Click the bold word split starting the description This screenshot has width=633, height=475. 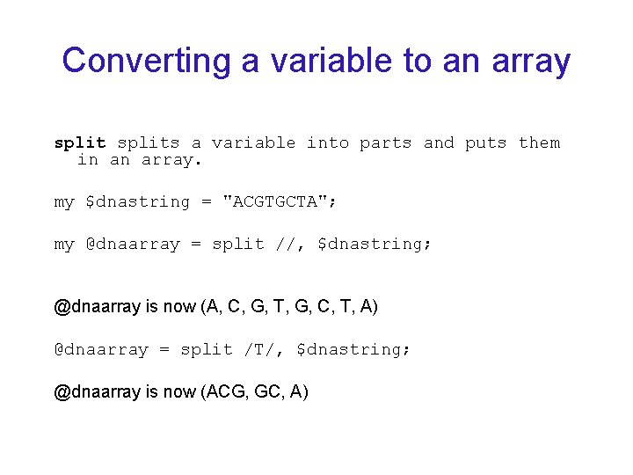tap(80, 142)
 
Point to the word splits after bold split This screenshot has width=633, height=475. tap(149, 142)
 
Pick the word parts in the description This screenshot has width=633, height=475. tap(385, 142)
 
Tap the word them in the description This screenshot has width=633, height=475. tap(539, 142)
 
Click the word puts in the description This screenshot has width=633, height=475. tap(485, 142)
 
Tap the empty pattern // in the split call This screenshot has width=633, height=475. tap(285, 244)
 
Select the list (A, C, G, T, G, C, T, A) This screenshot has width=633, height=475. tap(289, 306)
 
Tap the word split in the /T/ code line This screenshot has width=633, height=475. tap(207, 349)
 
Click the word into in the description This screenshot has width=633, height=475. tap(327, 142)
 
